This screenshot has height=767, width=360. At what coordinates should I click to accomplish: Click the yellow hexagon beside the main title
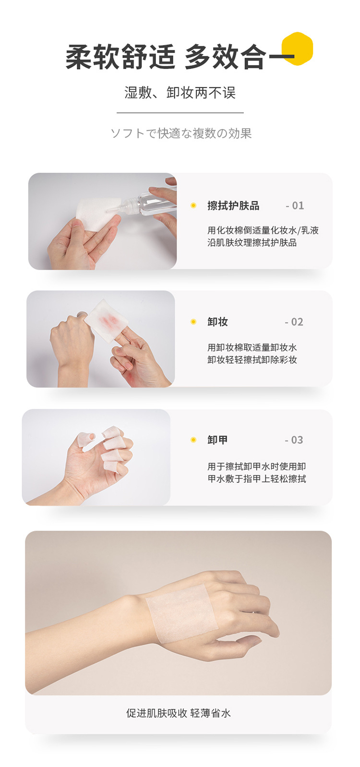point(298,48)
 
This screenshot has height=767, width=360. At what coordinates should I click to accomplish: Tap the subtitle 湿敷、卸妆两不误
point(180,93)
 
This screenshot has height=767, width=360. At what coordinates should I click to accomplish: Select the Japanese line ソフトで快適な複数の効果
point(181,133)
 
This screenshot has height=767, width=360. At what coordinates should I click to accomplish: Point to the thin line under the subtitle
point(180,113)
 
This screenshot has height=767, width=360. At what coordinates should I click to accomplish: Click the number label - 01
point(295,206)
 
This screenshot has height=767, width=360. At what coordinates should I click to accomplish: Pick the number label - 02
point(294,322)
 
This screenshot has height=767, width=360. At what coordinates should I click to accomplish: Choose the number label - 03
point(294,440)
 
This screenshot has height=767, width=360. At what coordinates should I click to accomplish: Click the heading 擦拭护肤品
point(233,206)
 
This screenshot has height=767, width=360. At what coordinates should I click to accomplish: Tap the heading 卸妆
point(217,322)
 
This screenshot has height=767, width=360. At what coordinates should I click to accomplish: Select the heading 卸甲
point(217,440)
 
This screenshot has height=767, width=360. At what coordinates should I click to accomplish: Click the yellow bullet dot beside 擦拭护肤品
point(193,206)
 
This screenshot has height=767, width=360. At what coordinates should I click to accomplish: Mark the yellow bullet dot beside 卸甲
point(193,440)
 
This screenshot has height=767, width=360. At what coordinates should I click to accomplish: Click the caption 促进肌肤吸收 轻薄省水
point(179,713)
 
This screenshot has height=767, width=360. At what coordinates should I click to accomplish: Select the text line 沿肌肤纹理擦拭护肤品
point(252,243)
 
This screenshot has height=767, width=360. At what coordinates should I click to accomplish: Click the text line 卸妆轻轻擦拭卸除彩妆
point(252,360)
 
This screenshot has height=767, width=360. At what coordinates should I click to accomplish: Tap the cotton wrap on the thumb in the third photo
point(84,438)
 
